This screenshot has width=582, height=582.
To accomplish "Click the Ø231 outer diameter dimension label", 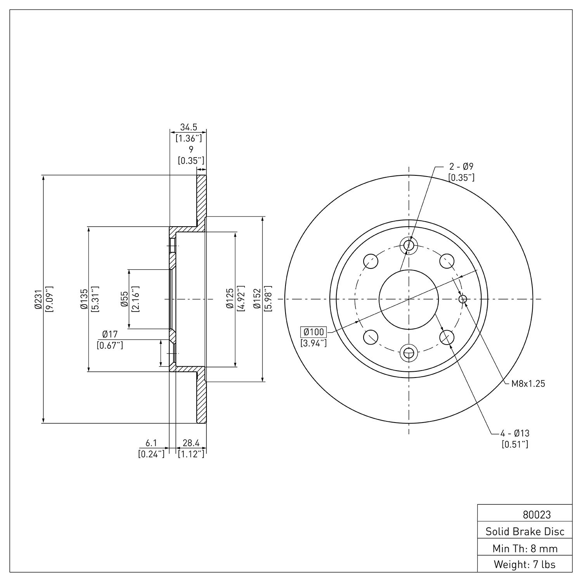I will click(38, 299).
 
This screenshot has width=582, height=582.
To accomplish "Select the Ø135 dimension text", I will click(84, 299).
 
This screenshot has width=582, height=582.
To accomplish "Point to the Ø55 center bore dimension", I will click(125, 299).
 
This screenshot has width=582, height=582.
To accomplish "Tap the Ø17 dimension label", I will click(110, 334).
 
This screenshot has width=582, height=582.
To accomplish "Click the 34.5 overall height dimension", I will click(189, 127).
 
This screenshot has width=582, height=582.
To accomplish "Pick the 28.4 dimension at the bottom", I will click(191, 443).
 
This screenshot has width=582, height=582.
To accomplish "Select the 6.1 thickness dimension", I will click(151, 443).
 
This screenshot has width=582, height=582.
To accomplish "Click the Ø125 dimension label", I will click(230, 299).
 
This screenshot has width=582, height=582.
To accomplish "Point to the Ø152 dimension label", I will click(257, 299).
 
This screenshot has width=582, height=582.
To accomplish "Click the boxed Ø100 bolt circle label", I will click(314, 332).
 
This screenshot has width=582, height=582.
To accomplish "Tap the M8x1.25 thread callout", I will click(528, 384).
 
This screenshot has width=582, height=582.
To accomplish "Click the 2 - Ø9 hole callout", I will click(461, 167).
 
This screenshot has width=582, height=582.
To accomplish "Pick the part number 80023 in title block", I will click(537, 515).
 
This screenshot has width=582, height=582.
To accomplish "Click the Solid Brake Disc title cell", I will click(525, 532).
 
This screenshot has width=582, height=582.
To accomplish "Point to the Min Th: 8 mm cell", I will click(525, 548).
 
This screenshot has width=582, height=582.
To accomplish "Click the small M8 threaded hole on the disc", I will click(463, 299).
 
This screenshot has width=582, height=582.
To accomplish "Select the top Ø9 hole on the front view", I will click(409, 245).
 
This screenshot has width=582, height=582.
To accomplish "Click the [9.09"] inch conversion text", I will click(49, 299).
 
